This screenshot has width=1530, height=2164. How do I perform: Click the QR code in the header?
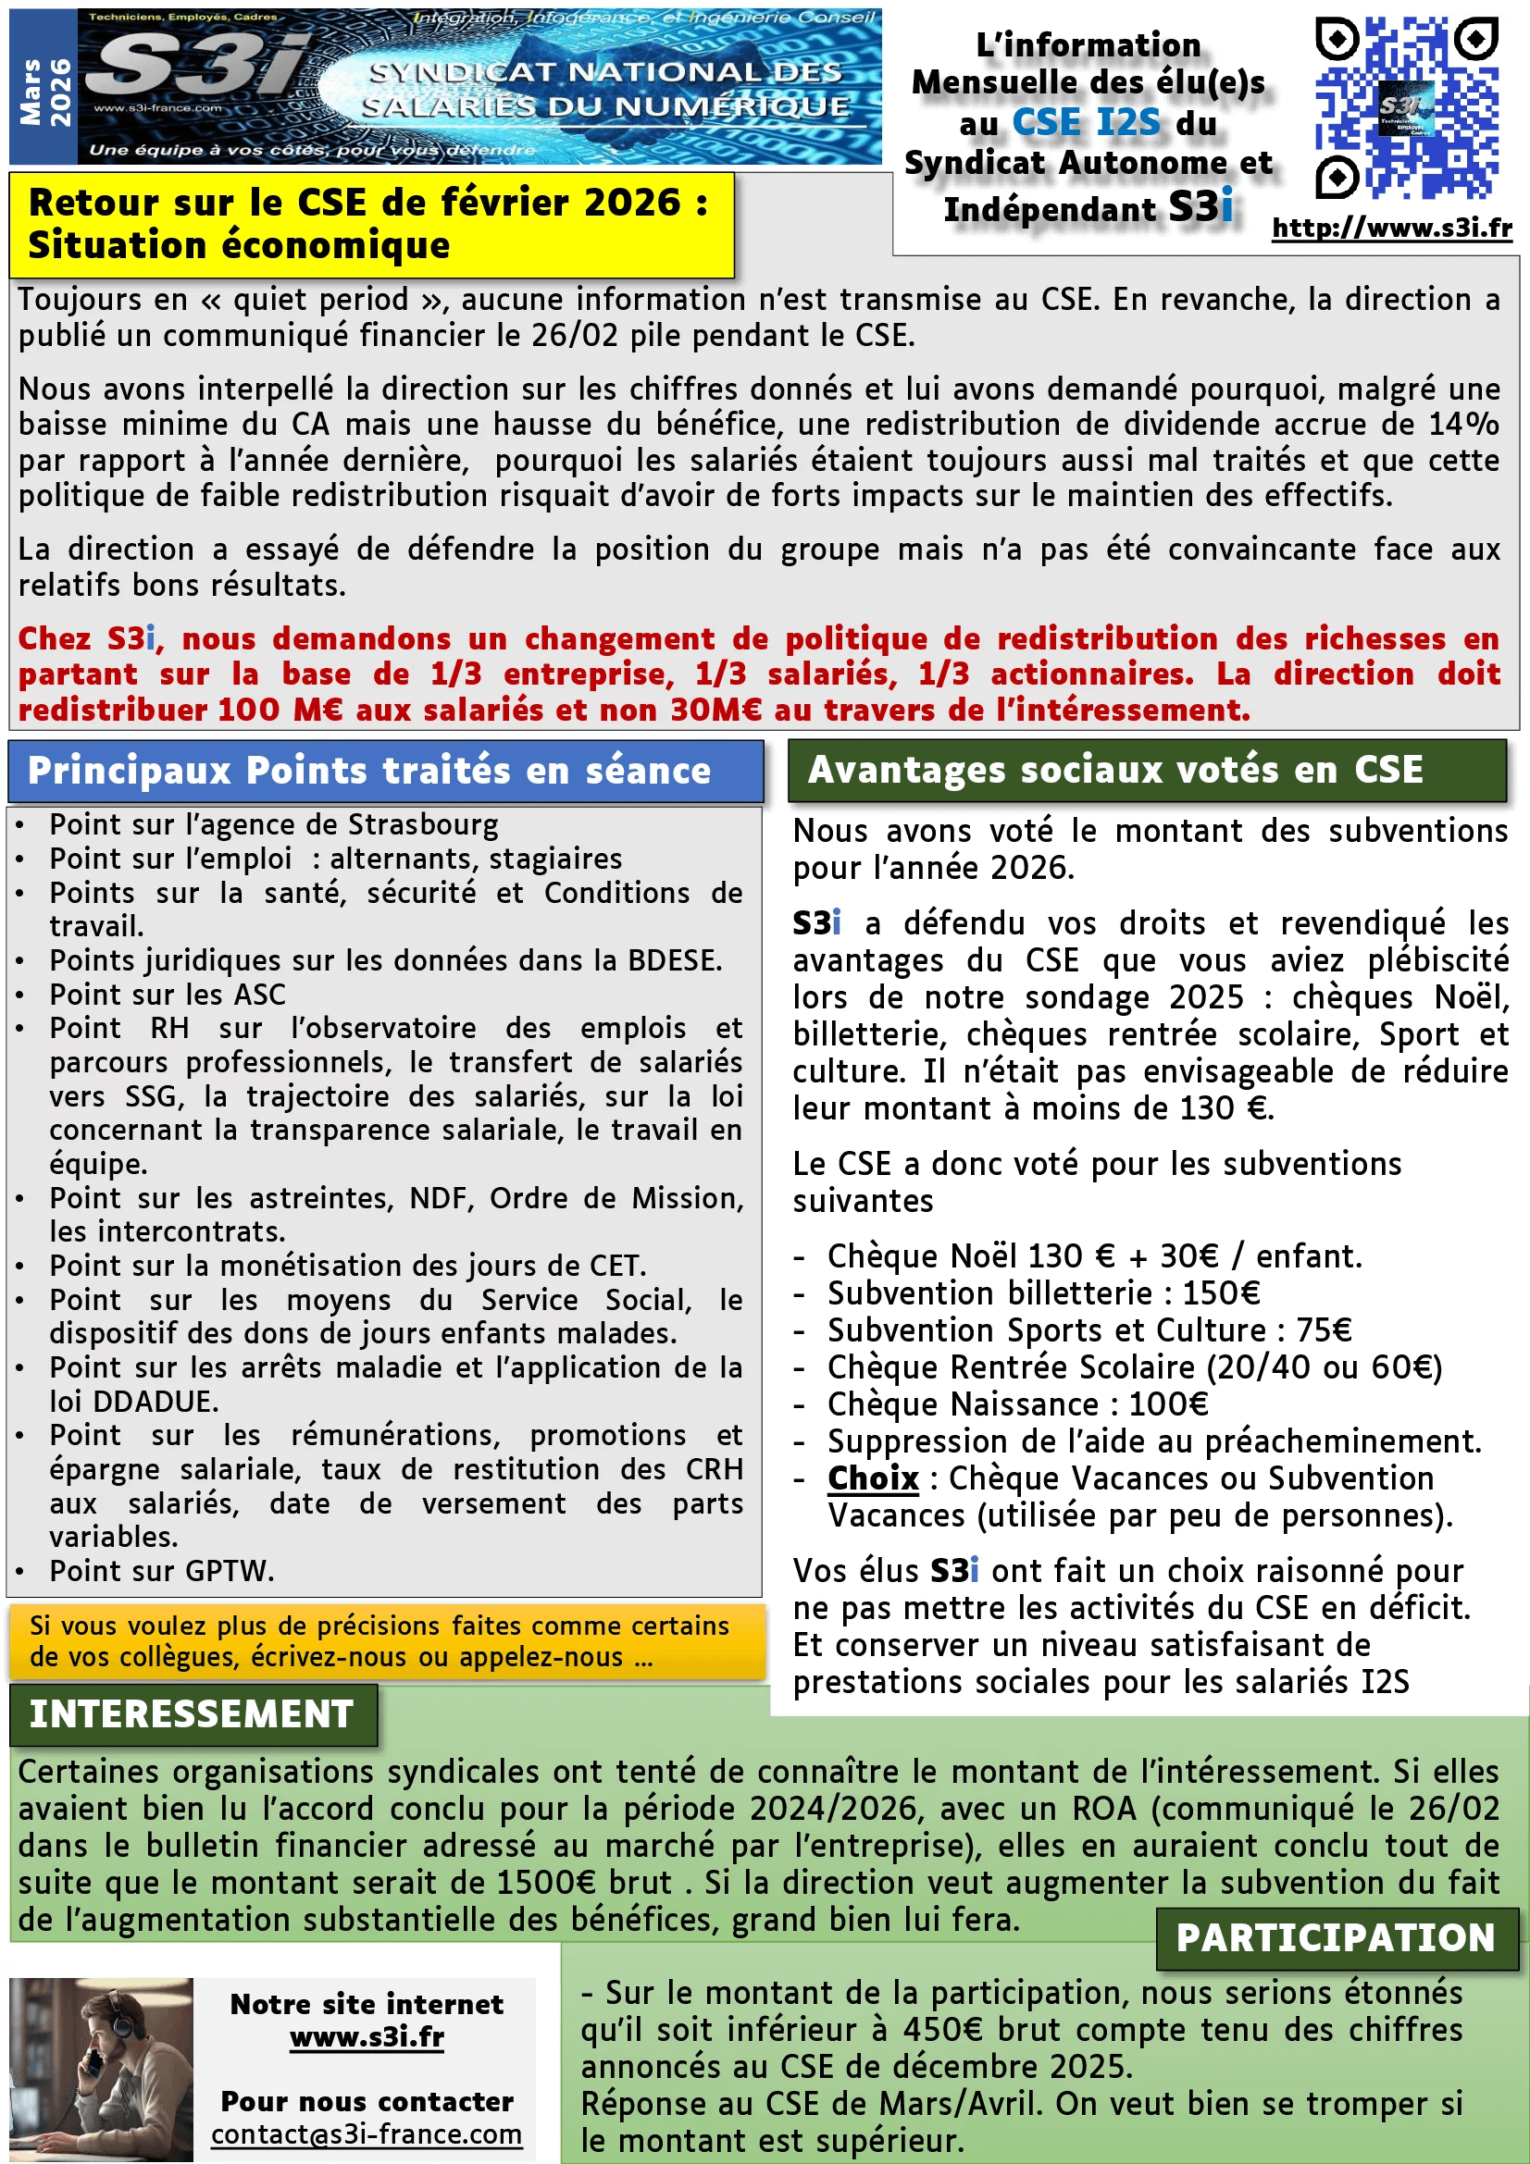(1406, 107)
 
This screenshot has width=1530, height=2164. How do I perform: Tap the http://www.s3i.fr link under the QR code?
(1391, 229)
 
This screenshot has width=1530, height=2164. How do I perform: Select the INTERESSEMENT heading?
(193, 1713)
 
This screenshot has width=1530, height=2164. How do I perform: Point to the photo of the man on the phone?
(101, 2069)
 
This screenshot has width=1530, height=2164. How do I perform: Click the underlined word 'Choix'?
(873, 1478)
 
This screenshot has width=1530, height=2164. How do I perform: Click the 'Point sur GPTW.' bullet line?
(161, 1571)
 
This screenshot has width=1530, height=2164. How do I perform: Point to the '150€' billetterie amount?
(1221, 1293)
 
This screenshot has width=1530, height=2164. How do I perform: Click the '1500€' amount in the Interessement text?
(546, 1882)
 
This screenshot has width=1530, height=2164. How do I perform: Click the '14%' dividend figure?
(1463, 424)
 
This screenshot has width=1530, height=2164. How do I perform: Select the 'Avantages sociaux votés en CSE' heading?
(1115, 770)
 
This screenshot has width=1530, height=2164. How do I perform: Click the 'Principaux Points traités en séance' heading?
(368, 771)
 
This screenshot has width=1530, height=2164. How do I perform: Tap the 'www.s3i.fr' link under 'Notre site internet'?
(367, 2036)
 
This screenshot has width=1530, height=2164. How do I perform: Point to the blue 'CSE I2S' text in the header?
(1086, 122)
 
